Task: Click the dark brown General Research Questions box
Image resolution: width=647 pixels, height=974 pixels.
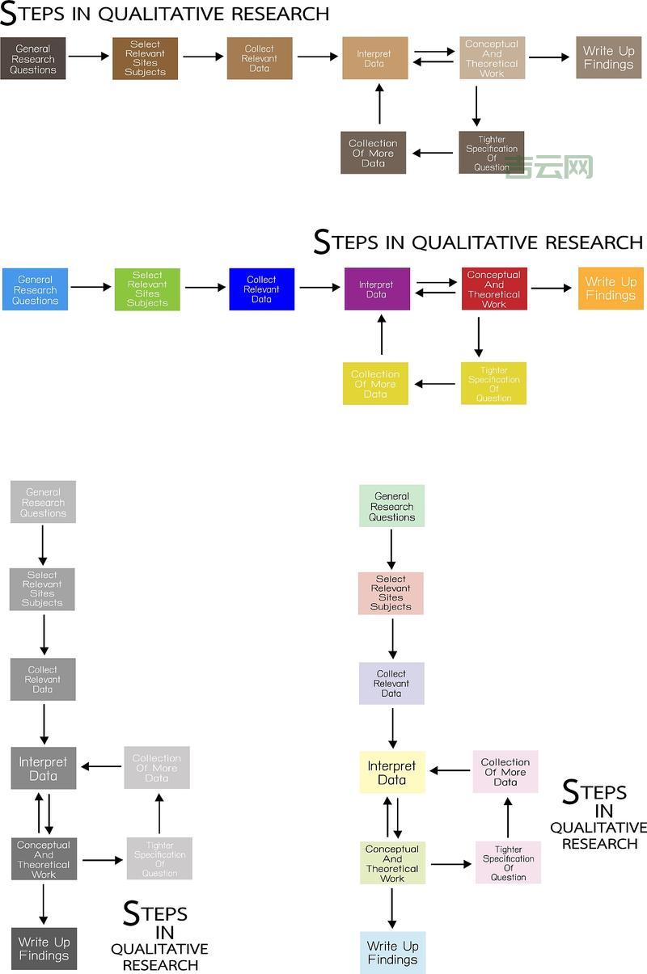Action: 33,58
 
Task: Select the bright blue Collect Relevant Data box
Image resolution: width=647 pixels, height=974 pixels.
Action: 261,289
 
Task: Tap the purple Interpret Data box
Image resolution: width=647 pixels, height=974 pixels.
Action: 377,289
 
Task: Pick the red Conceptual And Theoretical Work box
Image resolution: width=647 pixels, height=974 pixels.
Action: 494,289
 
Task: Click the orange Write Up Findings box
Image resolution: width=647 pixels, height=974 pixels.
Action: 611,289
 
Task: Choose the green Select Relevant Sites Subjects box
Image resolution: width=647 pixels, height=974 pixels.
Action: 147,289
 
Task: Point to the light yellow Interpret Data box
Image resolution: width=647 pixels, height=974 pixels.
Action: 392,772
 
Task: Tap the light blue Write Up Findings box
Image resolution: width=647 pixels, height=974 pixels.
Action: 392,952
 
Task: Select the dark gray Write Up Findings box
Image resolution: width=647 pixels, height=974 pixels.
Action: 44,948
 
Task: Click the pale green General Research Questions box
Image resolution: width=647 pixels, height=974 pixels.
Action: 391,506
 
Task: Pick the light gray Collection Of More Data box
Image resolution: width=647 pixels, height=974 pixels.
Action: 157,767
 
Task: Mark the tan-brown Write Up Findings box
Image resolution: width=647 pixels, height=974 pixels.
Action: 608,57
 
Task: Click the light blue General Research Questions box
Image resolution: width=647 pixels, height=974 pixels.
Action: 35,289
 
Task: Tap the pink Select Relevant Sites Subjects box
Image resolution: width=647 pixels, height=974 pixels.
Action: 391,592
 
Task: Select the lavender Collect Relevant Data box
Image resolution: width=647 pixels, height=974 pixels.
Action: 391,683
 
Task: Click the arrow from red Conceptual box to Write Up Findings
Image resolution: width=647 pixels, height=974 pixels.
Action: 551,289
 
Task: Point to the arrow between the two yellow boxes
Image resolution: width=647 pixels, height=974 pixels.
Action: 435,384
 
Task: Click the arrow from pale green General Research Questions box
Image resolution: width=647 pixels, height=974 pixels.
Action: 391,549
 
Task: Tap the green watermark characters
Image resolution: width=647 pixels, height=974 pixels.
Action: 550,167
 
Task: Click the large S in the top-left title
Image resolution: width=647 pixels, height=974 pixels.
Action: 9,15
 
